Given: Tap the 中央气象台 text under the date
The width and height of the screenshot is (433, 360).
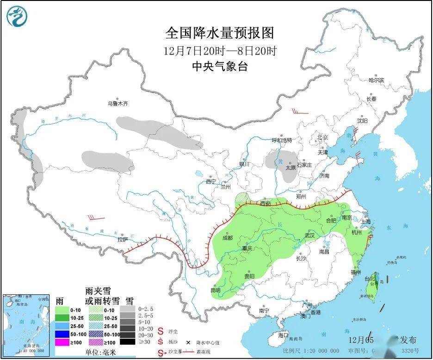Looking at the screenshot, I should tap(220, 67).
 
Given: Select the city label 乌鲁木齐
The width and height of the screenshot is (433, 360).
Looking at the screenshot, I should tap(118, 104).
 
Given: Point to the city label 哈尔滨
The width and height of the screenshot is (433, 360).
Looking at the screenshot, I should tap(376, 80).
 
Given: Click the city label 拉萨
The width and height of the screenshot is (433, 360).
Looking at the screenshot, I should tap(122, 240).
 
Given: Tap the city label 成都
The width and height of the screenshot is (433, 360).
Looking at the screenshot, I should tap(227, 238).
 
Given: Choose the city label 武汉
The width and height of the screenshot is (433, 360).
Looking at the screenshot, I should tap(309, 235).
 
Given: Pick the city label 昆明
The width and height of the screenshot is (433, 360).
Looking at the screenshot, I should tap(215, 291).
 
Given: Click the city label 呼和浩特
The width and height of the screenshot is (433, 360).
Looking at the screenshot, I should tap(282, 140).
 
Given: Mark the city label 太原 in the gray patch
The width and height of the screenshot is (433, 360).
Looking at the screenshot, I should tap(291, 168).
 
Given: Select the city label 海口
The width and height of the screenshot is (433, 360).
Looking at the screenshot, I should tap(284, 335).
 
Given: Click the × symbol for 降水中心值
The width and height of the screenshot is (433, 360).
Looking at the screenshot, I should tap(188, 343).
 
